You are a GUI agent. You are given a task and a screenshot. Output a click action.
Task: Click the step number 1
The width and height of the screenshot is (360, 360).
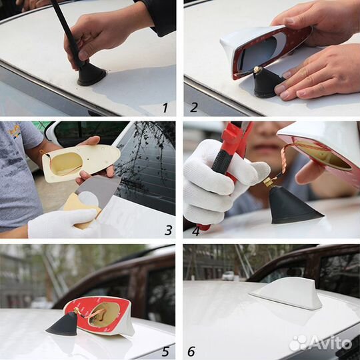(x=165, y=107)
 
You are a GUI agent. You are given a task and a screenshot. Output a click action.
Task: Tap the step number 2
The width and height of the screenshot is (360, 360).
(x=194, y=107)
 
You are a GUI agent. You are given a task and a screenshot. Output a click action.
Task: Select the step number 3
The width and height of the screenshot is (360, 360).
(x=168, y=230)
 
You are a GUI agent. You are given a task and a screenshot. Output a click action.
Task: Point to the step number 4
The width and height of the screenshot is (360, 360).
(x=195, y=231)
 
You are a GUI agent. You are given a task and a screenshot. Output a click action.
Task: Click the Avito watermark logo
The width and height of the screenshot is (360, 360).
(x=320, y=343)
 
